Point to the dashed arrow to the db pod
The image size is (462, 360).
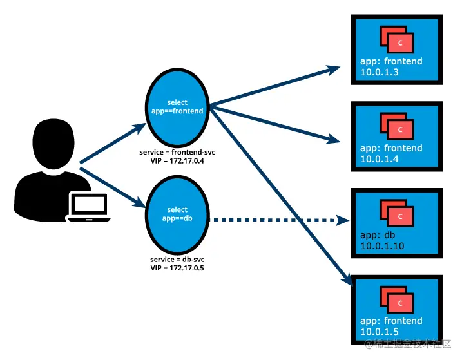(x=277, y=220)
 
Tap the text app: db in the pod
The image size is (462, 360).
(x=377, y=235)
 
